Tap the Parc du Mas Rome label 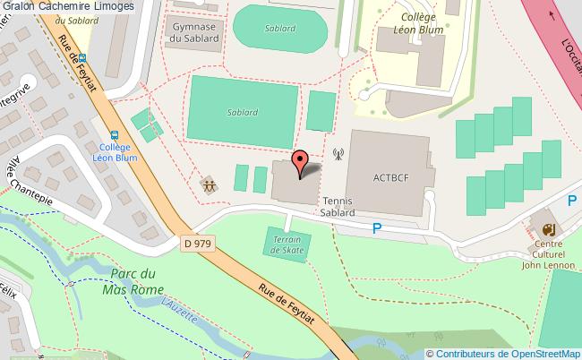coord(135,282)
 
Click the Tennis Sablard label coord(338,208)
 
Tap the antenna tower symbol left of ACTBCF coord(338,153)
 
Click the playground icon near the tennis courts coord(209,185)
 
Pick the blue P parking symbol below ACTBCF coord(377,230)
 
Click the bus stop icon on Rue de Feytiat coord(82,59)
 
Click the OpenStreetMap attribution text coord(509,353)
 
